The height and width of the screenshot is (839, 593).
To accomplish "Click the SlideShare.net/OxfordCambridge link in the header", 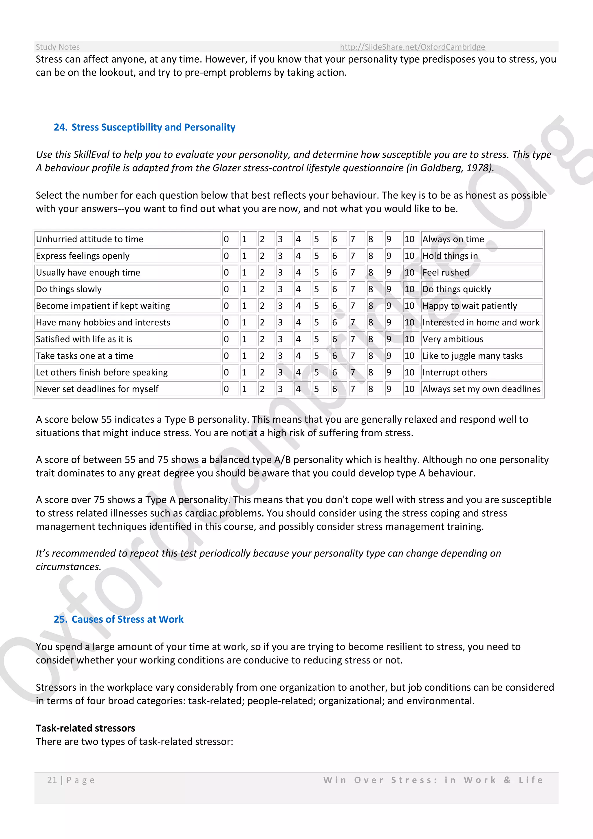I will point(412,47).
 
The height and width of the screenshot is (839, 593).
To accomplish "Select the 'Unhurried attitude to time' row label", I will point(90,239).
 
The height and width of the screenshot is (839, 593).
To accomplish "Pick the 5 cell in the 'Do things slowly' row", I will point(316,289).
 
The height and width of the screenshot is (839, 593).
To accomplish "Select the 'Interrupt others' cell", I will point(455,372).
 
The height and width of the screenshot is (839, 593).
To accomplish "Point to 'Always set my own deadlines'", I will point(481,389).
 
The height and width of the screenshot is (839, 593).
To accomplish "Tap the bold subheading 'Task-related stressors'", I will point(85,728).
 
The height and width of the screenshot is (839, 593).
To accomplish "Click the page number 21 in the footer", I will point(52,780).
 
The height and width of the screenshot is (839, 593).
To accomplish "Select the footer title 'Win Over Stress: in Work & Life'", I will point(433,780).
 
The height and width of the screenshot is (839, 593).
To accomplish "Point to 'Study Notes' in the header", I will point(58,47).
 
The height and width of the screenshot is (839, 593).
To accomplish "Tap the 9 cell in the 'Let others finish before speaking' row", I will point(389,372).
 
